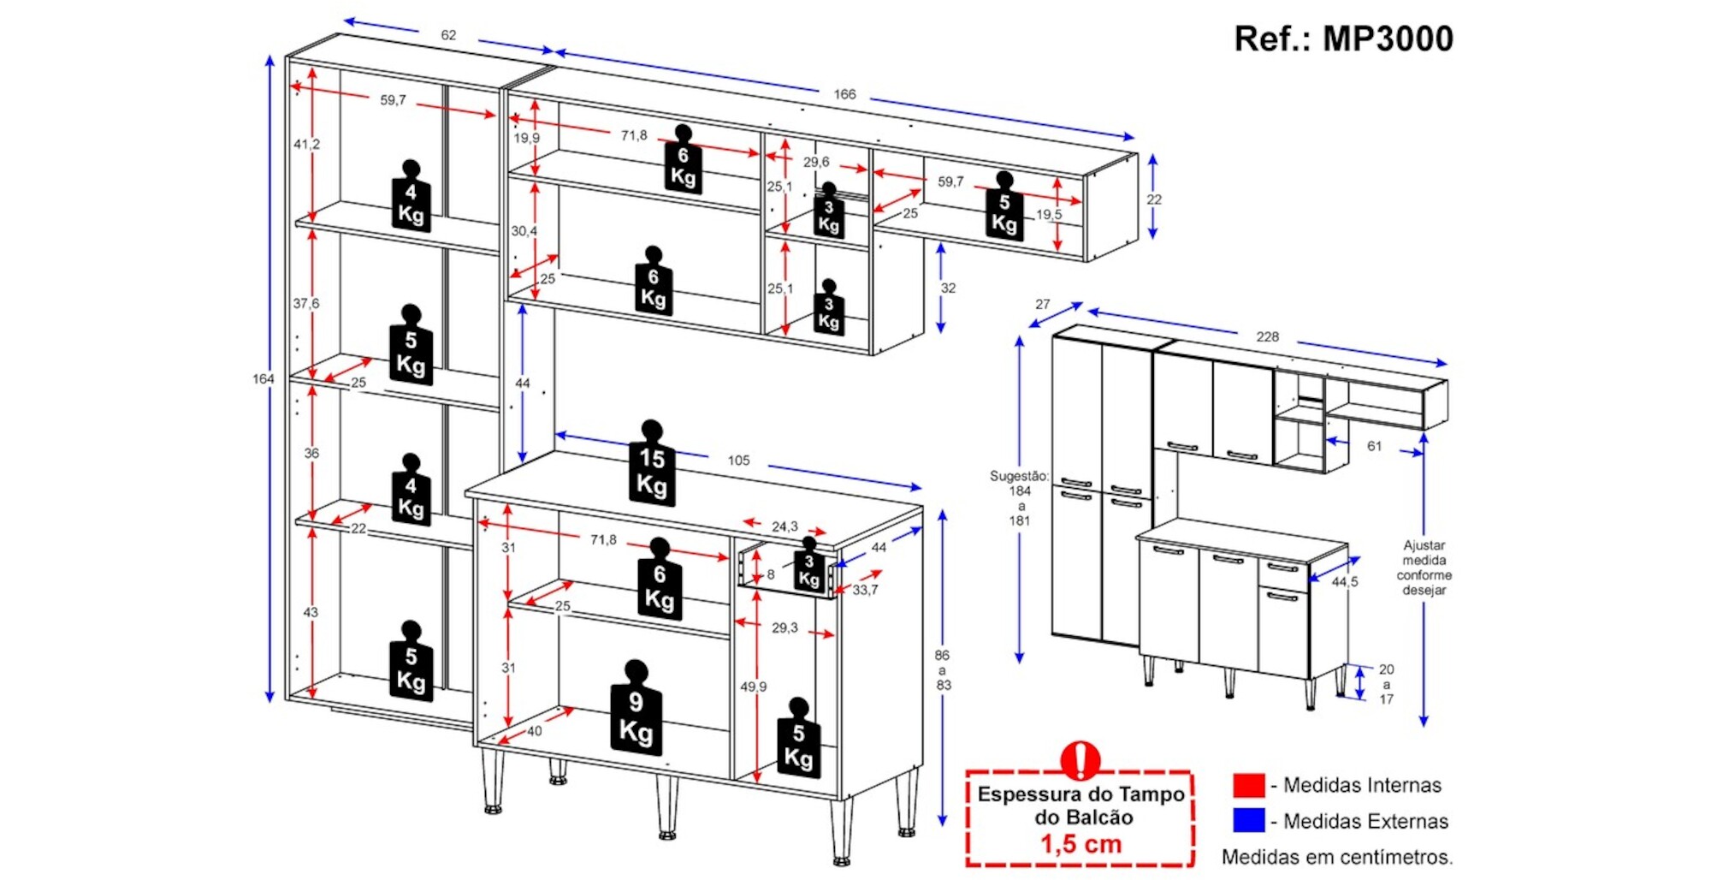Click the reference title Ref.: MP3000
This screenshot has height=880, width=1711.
pyautogui.click(x=1342, y=39)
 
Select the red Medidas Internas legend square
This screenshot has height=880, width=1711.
pyautogui.click(x=1248, y=785)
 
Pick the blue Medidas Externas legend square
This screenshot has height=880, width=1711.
pyautogui.click(x=1248, y=820)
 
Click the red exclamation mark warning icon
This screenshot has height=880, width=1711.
pyautogui.click(x=1080, y=758)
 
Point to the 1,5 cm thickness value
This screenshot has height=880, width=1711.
pyautogui.click(x=1080, y=844)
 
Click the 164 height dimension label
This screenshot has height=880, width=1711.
pyautogui.click(x=263, y=378)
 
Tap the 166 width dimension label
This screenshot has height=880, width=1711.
pyautogui.click(x=844, y=94)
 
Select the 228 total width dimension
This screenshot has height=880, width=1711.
pyautogui.click(x=1267, y=336)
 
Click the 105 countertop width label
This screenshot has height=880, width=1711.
pyautogui.click(x=738, y=461)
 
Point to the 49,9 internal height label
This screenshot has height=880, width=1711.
pyautogui.click(x=754, y=687)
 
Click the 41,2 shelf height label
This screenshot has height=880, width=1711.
pyautogui.click(x=306, y=144)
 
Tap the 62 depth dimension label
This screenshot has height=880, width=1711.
pyautogui.click(x=448, y=35)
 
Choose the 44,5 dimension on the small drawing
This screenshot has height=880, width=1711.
pyautogui.click(x=1344, y=582)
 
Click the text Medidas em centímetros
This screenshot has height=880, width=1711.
pyautogui.click(x=1336, y=857)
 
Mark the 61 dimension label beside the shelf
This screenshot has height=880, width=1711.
pyautogui.click(x=1374, y=446)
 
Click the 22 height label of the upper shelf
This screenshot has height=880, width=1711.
pyautogui.click(x=1154, y=199)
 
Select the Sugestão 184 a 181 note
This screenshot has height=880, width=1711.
pyautogui.click(x=1019, y=497)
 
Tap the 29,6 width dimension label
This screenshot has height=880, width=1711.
pyautogui.click(x=816, y=162)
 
